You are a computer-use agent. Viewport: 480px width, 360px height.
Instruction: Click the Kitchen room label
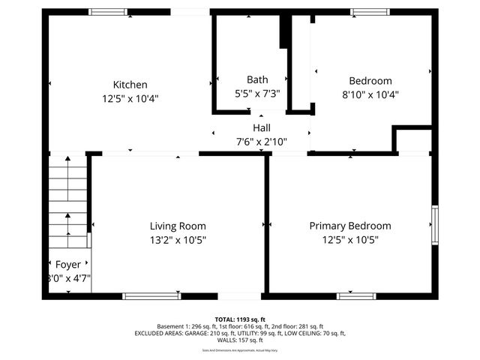[130, 85]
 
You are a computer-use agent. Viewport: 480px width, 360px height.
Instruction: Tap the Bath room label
[257, 79]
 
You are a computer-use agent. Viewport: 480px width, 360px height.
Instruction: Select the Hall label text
[261, 128]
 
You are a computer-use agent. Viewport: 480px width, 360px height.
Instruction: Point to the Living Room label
[178, 226]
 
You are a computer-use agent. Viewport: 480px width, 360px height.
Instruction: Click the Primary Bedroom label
[350, 226]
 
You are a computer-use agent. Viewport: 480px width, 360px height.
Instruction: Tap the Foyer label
[68, 265]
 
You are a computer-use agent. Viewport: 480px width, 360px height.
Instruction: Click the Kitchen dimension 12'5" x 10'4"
[130, 98]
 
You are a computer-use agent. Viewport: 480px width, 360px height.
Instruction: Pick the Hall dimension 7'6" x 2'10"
[261, 141]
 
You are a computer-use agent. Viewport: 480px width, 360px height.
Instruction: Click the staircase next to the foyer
[68, 202]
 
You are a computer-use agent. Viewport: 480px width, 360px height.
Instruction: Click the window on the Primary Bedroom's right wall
[434, 225]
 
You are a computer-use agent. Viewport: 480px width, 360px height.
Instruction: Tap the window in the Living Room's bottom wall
[151, 295]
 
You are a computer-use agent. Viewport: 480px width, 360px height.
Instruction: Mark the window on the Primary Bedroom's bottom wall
[356, 295]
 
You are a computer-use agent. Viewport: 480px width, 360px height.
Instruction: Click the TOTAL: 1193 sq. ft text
[240, 319]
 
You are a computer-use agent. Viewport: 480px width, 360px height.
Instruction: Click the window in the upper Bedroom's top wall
[370, 12]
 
